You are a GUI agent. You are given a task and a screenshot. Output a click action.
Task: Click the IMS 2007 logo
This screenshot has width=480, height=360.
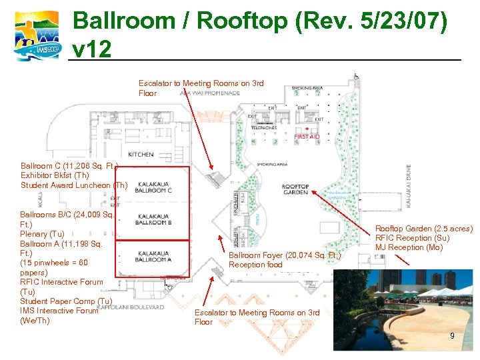click(36, 36)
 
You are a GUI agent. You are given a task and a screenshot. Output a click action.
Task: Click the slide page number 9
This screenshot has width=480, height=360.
click(452, 336)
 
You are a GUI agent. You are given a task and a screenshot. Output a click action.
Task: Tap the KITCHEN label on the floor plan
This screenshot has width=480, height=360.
click(141, 155)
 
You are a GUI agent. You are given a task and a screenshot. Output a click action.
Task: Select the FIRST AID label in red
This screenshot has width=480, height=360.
click(307, 137)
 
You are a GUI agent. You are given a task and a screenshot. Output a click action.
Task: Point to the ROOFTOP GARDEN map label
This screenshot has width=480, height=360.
click(295, 189)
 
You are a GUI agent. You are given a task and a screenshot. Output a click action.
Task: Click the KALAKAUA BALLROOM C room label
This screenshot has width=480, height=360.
click(153, 188)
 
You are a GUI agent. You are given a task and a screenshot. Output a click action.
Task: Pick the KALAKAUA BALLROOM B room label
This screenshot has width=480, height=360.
click(153, 219)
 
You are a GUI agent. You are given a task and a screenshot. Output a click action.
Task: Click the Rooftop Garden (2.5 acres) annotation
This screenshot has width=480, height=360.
click(424, 229)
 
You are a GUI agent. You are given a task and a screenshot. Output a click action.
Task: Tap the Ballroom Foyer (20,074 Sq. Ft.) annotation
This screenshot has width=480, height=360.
click(285, 255)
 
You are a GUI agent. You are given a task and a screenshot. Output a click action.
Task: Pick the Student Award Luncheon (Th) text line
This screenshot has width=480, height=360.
click(73, 185)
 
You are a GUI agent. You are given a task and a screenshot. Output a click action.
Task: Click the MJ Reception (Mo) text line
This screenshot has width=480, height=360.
click(409, 247)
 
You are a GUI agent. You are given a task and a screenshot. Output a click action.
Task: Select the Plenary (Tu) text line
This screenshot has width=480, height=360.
click(43, 234)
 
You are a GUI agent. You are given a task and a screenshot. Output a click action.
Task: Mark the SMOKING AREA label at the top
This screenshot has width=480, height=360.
click(307, 88)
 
